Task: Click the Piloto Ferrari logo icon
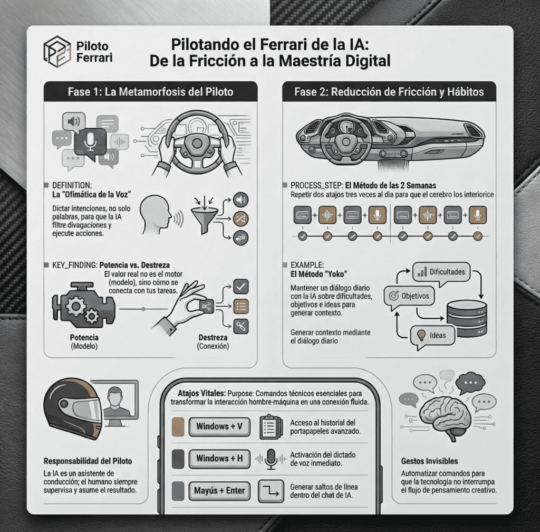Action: point(57,51)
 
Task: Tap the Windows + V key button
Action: point(219,426)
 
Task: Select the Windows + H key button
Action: point(219,459)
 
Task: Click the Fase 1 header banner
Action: point(150,92)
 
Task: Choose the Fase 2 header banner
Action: point(389,92)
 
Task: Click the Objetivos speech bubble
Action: point(410,296)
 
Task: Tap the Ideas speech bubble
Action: point(432,335)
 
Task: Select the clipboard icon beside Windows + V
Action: point(271,426)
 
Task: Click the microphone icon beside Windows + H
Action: point(271,459)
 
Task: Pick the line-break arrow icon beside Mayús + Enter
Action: point(271,491)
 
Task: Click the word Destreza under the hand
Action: point(213,338)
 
